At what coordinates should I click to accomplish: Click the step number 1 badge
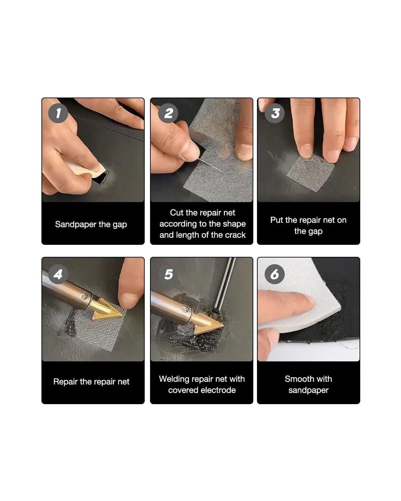(58, 113)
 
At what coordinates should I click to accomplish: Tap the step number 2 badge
(168, 113)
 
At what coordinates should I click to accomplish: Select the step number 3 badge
(275, 113)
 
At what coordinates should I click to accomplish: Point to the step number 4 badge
(58, 274)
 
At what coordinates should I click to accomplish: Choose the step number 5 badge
(168, 274)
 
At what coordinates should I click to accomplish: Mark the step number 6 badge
(275, 274)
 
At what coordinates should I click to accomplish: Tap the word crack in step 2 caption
(235, 235)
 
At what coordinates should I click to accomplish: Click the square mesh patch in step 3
(310, 173)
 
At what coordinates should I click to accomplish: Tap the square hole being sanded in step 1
(101, 178)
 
